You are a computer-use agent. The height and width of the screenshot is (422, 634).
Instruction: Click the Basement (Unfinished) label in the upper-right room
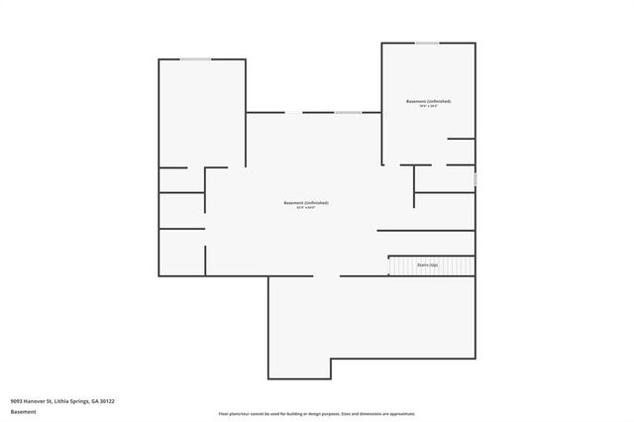click(428, 101)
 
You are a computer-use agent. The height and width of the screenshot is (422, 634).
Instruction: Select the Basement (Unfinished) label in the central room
click(305, 202)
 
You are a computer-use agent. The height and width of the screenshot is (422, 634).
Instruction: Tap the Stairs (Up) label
click(427, 265)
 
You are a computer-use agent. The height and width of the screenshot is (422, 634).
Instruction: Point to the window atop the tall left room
click(195, 59)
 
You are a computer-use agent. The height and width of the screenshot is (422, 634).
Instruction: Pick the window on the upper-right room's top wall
click(427, 43)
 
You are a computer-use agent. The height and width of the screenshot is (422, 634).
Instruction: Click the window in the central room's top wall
click(347, 112)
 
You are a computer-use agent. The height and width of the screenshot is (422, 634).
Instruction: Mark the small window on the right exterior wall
click(475, 179)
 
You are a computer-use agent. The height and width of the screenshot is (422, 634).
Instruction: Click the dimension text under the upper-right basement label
click(428, 107)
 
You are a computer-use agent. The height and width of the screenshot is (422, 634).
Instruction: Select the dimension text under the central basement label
click(305, 208)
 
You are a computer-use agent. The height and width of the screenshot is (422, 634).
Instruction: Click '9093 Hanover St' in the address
click(33, 401)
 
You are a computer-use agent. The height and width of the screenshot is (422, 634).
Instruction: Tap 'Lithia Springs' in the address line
click(75, 401)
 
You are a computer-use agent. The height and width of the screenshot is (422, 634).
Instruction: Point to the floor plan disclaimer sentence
click(316, 414)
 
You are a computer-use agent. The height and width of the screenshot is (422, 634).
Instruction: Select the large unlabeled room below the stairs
click(371, 317)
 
